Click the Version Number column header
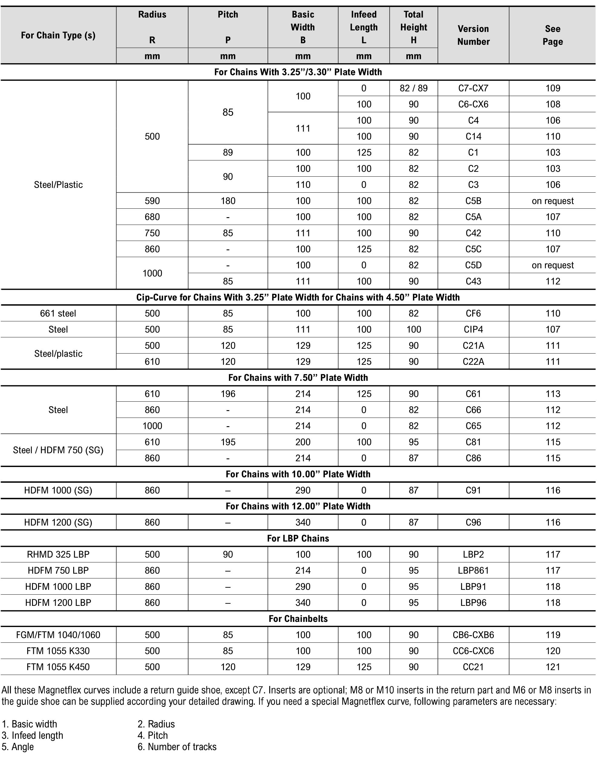[473, 35]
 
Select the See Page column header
[552, 35]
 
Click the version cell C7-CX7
[473, 88]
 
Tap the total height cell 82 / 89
[414, 88]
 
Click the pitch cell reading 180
[228, 201]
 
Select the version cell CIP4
[473, 329]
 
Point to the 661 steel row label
[58, 313]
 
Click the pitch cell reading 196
[228, 394]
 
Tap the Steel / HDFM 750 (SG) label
[58, 450]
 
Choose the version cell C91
[473, 490]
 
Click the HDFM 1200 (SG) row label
[58, 522]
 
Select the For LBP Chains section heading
[298, 538]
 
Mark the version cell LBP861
[473, 570]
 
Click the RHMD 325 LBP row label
[58, 554]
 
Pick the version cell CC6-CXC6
[473, 651]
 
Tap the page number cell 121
[553, 667]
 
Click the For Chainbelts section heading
[298, 619]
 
